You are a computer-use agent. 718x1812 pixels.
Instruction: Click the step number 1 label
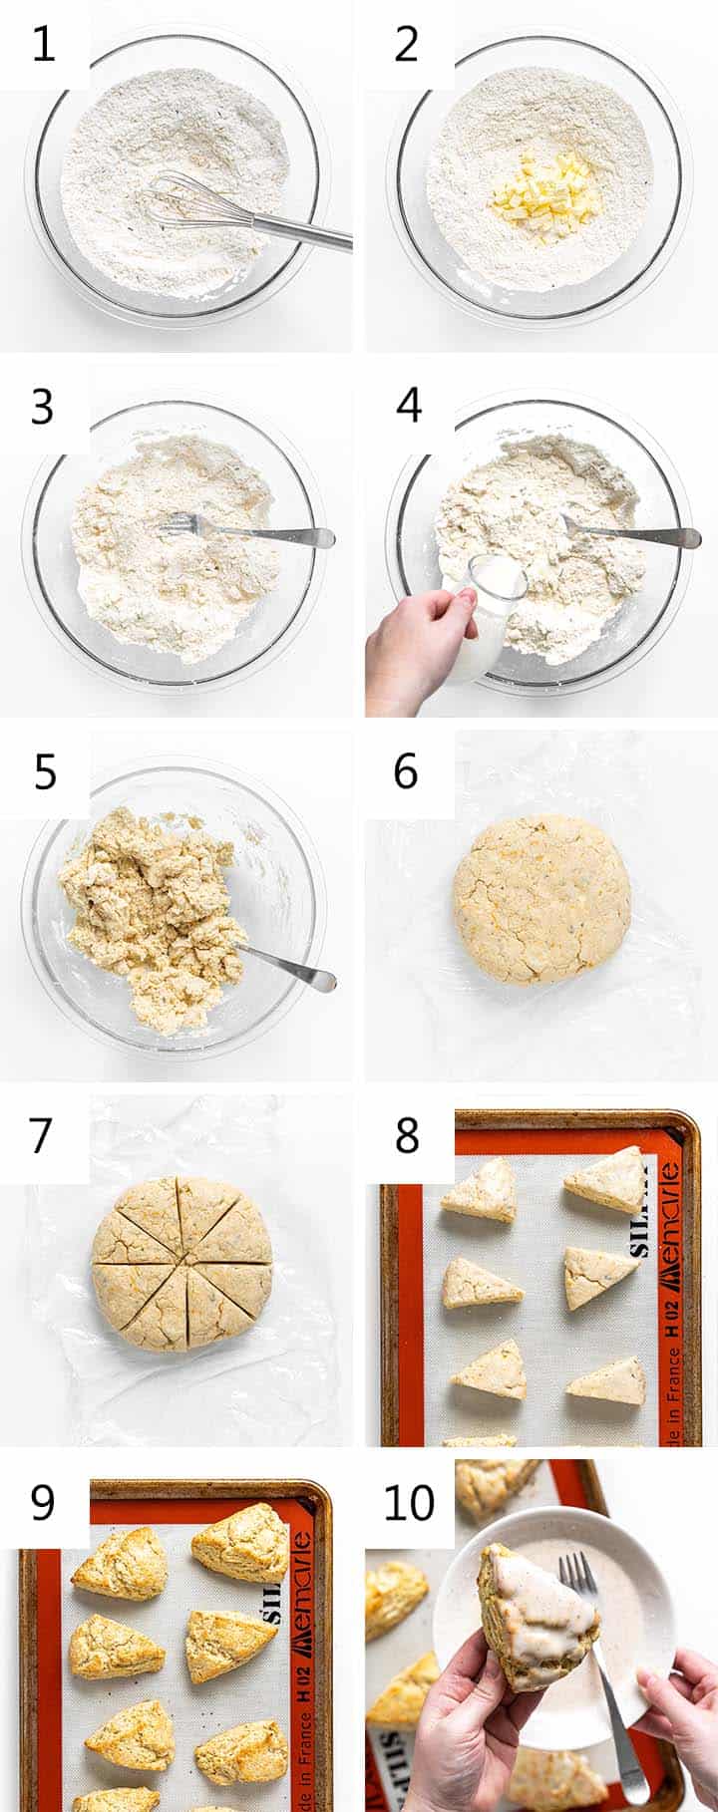point(44,45)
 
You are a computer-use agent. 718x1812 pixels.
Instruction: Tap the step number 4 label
point(408,407)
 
